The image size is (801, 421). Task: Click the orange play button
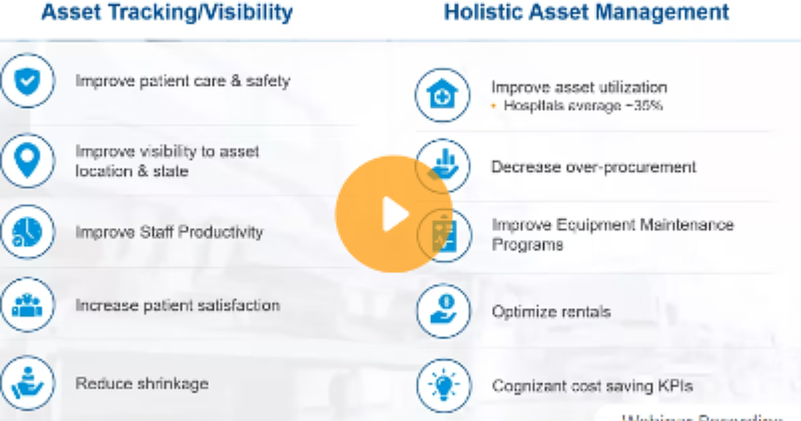click(393, 214)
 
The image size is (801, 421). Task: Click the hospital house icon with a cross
click(443, 95)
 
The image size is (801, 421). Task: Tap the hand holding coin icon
click(443, 311)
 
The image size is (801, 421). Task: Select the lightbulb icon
click(443, 386)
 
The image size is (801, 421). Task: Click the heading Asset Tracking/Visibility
click(167, 12)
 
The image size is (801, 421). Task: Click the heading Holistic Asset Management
click(586, 12)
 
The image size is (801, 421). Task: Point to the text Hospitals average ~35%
click(583, 106)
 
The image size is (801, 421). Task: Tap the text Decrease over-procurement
click(593, 167)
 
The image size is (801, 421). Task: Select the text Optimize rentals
click(551, 311)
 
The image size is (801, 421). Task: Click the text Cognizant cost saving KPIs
click(592, 386)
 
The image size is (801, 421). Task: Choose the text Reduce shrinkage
click(142, 384)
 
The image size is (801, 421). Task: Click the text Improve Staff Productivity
click(169, 233)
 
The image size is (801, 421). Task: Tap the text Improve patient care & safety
click(182, 82)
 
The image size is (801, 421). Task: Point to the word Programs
click(527, 244)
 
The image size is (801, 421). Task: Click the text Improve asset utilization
click(579, 88)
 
